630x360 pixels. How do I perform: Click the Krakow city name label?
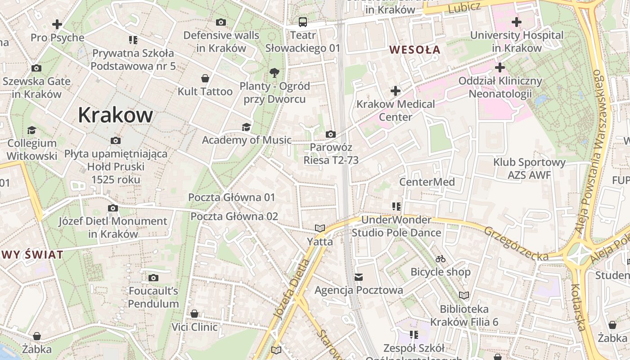(115, 115)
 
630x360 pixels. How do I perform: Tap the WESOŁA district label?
(415, 49)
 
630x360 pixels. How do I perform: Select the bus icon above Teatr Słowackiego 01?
(303, 22)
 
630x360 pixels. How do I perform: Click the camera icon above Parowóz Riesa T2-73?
(331, 134)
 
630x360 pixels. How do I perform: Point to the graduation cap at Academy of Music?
(246, 127)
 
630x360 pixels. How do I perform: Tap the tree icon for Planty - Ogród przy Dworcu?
(274, 72)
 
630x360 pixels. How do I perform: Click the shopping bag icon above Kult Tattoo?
(205, 79)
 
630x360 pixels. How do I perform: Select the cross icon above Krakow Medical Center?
(396, 91)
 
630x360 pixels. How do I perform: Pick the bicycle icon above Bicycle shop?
(441, 259)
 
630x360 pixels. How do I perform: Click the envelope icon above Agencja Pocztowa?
(359, 277)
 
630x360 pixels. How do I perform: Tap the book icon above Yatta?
(320, 229)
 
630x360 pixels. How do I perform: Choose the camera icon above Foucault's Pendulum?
(153, 278)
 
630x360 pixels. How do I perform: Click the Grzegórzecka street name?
(516, 243)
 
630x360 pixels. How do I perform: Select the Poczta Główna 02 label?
(234, 216)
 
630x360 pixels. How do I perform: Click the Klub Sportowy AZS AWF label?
(529, 169)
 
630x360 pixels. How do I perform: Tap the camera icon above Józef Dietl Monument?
(113, 208)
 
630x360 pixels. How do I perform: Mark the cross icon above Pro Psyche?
(57, 24)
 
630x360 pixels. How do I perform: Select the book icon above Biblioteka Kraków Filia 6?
(464, 296)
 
